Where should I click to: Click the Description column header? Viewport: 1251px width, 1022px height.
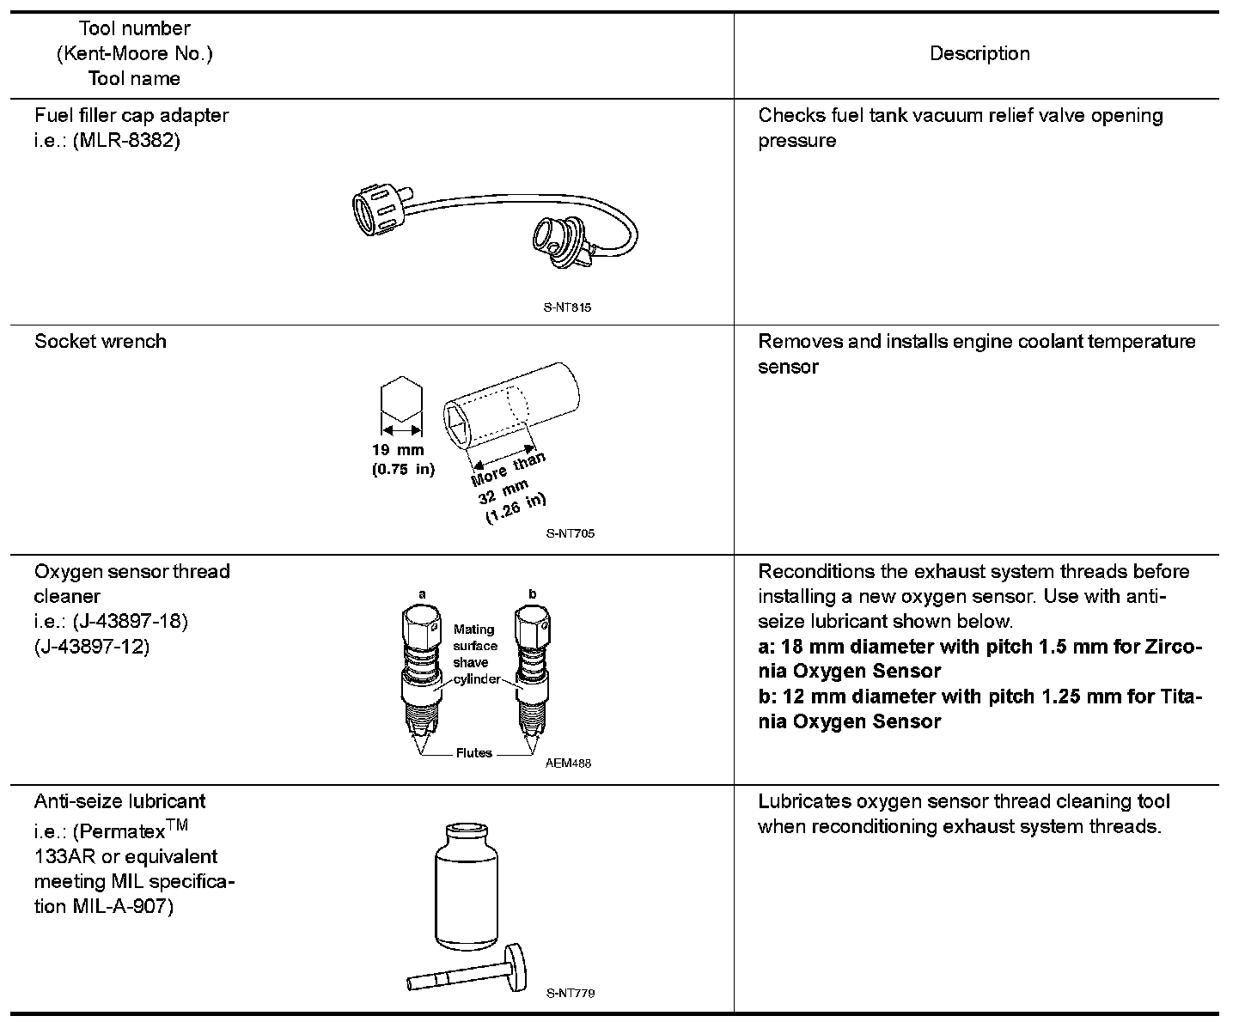(979, 53)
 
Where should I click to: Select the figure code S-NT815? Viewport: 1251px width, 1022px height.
(568, 307)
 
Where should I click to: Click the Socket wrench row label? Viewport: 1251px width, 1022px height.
(101, 341)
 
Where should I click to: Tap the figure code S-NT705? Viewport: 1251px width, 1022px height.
(571, 532)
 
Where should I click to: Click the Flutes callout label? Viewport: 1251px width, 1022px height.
(473, 753)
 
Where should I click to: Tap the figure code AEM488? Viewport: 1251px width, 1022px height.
(568, 763)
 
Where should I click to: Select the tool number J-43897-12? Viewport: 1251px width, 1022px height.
(92, 646)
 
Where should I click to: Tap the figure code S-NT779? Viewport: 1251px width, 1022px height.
(571, 993)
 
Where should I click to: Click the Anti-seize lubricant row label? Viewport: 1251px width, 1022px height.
(119, 801)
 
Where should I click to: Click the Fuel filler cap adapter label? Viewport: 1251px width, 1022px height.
(131, 115)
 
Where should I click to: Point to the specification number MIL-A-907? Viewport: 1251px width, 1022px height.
(120, 906)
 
